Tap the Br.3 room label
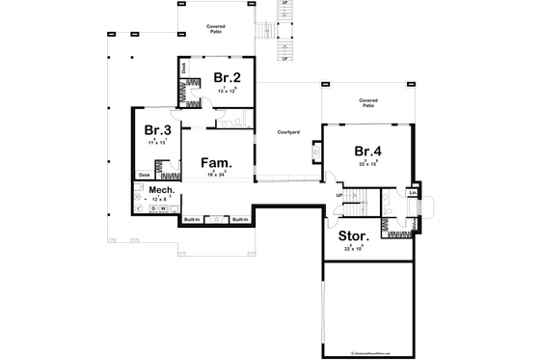click(158, 130)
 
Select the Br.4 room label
click(367, 151)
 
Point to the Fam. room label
click(215, 163)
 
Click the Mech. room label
click(160, 191)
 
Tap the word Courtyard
click(286, 131)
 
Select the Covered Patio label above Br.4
click(367, 101)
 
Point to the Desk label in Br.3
click(144, 175)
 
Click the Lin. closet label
click(413, 192)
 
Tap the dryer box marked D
click(151, 208)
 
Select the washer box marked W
click(163, 208)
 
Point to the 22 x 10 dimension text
click(354, 248)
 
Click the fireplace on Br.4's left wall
click(316, 152)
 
